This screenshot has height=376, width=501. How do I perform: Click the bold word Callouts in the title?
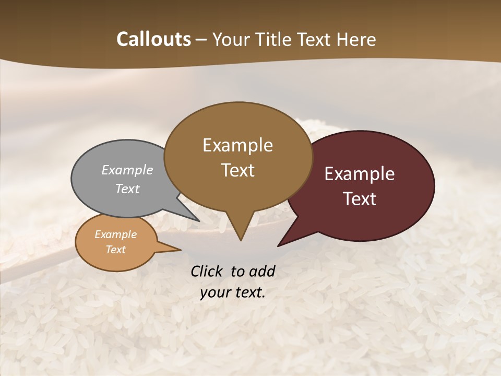pos(153,39)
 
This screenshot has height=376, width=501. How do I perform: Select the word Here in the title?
pos(356,39)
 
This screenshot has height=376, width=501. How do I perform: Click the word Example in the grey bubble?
pos(127,170)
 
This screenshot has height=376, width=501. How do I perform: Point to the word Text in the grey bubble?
pos(127,189)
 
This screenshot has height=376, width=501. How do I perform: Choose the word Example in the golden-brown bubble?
pos(237,145)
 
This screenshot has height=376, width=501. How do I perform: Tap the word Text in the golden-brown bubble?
pos(237,170)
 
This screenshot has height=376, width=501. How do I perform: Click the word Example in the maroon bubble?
pos(360,174)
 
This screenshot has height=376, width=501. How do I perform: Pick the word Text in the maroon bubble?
pos(360,199)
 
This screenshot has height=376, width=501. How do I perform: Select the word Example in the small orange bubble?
pos(116,234)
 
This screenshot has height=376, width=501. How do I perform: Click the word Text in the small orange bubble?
pos(116,250)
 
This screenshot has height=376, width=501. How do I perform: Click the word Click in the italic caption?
pos(207,271)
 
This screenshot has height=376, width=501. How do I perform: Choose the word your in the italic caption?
pos(214,292)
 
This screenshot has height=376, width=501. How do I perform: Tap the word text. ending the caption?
pos(248,292)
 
